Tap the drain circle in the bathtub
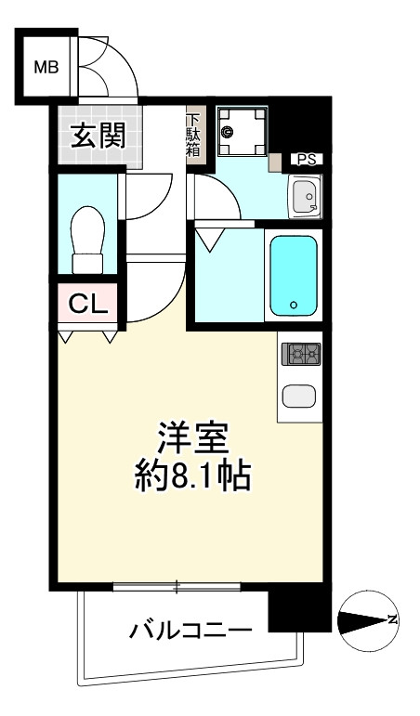pyautogui.click(x=293, y=305)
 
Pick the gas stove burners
pyautogui.click(x=300, y=354)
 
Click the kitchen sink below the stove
pyautogui.click(x=300, y=396)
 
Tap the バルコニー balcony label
pyautogui.click(x=190, y=632)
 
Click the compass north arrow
pyautogui.click(x=366, y=620)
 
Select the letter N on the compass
pyautogui.click(x=393, y=620)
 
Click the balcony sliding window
pyautogui.click(x=177, y=586)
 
